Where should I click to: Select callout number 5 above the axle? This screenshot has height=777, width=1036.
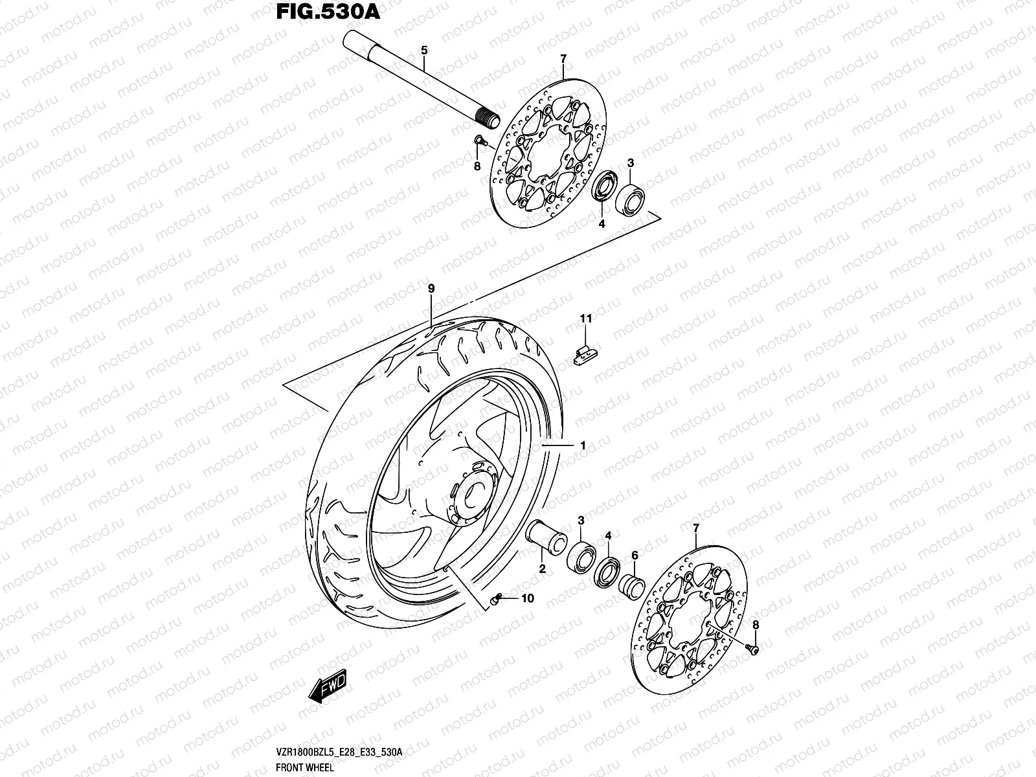click(x=423, y=50)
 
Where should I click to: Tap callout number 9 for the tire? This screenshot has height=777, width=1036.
click(x=431, y=288)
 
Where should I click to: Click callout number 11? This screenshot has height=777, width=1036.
click(x=586, y=319)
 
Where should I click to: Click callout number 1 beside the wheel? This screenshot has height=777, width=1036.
click(x=583, y=445)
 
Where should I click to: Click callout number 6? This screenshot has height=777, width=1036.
click(x=635, y=555)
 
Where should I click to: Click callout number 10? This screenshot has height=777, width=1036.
click(x=527, y=598)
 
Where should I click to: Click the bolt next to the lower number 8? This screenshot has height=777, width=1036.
click(x=753, y=649)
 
